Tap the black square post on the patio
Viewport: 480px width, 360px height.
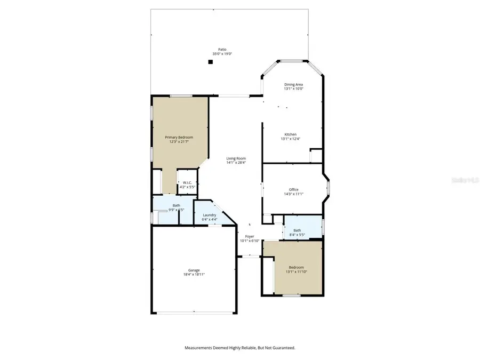click(211, 62)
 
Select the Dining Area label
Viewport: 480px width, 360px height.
click(293, 84)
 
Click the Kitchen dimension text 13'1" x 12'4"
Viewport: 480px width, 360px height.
click(291, 139)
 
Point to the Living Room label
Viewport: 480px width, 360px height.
click(236, 158)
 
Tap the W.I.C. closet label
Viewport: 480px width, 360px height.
click(187, 183)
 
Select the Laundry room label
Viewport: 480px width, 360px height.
click(209, 215)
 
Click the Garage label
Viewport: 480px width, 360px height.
click(193, 270)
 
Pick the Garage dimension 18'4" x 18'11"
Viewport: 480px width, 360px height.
click(193, 274)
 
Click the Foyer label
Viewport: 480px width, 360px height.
click(250, 236)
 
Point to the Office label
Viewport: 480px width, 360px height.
click(293, 189)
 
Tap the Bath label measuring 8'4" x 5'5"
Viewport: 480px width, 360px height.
click(297, 230)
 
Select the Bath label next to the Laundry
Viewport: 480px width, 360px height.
click(176, 206)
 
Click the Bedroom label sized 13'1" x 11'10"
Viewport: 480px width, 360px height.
click(297, 267)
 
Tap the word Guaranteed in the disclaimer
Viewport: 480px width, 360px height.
click(283, 348)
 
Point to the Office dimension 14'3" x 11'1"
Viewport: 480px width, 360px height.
click(293, 194)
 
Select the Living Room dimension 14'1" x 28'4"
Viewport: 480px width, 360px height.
click(236, 163)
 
